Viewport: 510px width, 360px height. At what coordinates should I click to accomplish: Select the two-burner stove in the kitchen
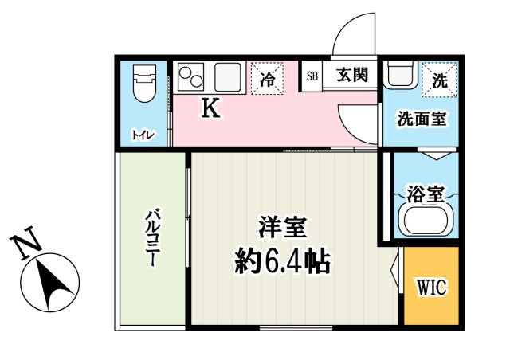pos(191,78)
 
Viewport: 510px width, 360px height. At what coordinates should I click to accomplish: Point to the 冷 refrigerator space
pos(268,80)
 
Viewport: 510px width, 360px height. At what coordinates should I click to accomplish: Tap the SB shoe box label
pos(312,76)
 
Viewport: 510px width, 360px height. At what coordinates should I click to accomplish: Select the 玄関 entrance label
pos(351,76)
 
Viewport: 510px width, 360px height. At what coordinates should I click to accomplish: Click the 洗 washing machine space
pos(439,79)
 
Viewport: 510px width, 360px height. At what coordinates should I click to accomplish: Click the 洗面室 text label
pos(422,119)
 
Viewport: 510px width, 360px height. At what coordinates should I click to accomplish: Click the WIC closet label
pos(431,287)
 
